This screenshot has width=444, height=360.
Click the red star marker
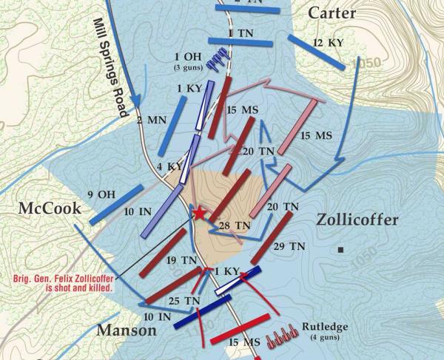click(199, 214)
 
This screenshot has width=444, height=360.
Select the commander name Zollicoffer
click(357, 220)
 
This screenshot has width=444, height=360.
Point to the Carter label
click(332, 13)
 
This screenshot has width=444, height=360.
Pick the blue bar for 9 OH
click(115, 205)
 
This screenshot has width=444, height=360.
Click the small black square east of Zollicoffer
click(340, 250)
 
